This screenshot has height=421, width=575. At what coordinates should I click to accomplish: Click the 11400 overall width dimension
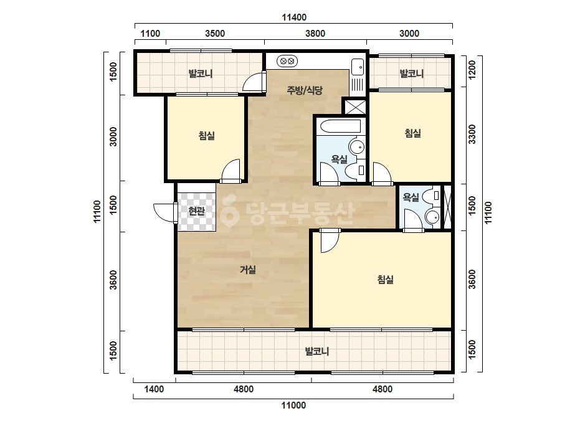[x=294, y=17]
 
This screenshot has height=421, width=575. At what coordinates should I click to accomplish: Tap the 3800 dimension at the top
[x=315, y=34]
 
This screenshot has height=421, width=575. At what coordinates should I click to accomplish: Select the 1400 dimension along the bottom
[x=154, y=389]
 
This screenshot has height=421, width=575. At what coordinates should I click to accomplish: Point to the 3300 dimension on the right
[x=472, y=135]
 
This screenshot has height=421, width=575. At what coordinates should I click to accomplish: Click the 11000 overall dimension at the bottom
[x=294, y=405]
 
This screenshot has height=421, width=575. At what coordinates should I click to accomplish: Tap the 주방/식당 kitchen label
[x=305, y=90]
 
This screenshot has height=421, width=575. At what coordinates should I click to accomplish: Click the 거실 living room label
[x=248, y=270]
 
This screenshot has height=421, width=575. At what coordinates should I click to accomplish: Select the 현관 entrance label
[x=196, y=211]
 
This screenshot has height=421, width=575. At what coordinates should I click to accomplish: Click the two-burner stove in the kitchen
[x=287, y=61]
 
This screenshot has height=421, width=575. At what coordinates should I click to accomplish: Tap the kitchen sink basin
[x=358, y=67]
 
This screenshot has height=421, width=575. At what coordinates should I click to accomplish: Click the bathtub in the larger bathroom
[x=341, y=126]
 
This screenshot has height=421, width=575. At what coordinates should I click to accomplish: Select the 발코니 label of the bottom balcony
[x=317, y=351]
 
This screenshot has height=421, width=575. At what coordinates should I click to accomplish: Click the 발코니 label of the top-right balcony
[x=411, y=73]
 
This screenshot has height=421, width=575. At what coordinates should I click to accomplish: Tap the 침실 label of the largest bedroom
[x=386, y=280]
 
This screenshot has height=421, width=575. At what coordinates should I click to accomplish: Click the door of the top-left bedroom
[x=231, y=171]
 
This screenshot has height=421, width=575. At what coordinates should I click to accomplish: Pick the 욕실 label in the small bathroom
[x=411, y=197]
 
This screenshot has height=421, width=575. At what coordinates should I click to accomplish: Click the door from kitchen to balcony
[x=254, y=82]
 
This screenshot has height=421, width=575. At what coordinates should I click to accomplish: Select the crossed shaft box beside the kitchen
[x=354, y=106]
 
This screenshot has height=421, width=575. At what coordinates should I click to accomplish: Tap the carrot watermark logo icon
[x=229, y=210]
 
